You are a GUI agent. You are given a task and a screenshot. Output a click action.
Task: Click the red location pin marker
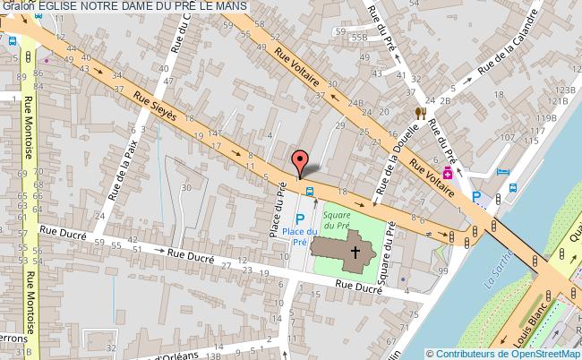coord(301,161)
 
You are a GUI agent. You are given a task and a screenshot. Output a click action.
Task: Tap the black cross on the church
coord(355,252)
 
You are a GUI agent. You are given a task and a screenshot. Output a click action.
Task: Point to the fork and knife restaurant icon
coord(419,114)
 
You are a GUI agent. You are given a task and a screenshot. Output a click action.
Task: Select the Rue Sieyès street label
coord(155,107)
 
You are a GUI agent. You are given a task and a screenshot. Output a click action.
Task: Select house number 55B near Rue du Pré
coord(360,39)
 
